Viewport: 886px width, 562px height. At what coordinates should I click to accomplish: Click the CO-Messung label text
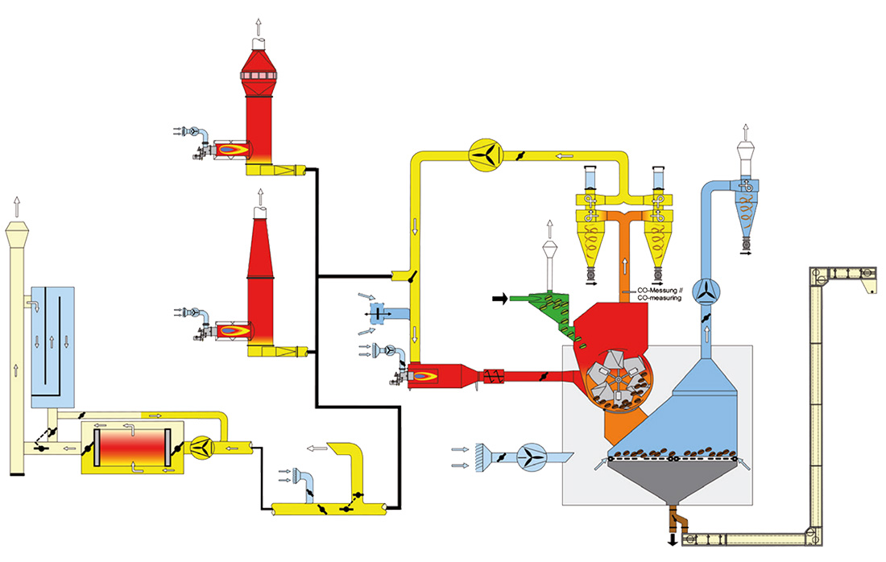click(x=657, y=291)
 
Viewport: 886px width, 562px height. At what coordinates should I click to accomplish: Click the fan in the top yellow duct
click(x=486, y=154)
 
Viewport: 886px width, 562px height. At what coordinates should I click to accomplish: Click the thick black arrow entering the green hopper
click(x=500, y=298)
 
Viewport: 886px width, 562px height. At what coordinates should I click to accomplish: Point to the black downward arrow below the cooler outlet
click(x=673, y=540)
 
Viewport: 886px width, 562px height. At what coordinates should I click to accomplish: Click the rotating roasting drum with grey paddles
click(x=618, y=379)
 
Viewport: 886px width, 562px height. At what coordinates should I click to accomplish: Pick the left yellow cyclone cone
click(x=592, y=242)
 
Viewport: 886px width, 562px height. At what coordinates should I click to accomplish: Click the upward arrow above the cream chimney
click(x=17, y=207)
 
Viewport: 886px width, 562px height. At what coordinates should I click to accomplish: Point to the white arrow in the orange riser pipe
click(x=625, y=265)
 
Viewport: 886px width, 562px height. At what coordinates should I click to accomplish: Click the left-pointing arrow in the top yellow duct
click(x=565, y=156)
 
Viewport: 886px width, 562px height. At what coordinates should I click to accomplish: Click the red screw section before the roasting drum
click(x=493, y=376)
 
